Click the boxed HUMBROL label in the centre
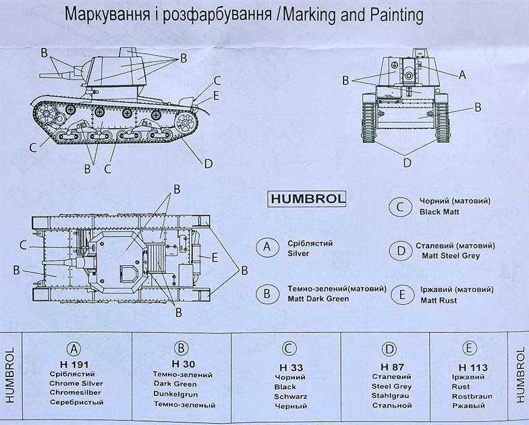pyautogui.click(x=307, y=199)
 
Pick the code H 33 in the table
pyautogui.click(x=287, y=368)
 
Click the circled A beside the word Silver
pyautogui.click(x=267, y=248)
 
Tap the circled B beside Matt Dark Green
pyautogui.click(x=267, y=293)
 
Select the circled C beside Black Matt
pyautogui.click(x=400, y=206)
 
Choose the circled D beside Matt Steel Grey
pyautogui.click(x=400, y=251)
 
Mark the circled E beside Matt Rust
pyautogui.click(x=400, y=294)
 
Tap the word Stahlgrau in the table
pyautogui.click(x=389, y=396)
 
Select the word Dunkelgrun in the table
pyautogui.click(x=180, y=395)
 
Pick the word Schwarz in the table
pyautogui.click(x=291, y=397)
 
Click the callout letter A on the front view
pyautogui.click(x=462, y=76)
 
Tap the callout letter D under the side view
pyautogui.click(x=208, y=163)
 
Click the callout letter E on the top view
pyautogui.click(x=214, y=257)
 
